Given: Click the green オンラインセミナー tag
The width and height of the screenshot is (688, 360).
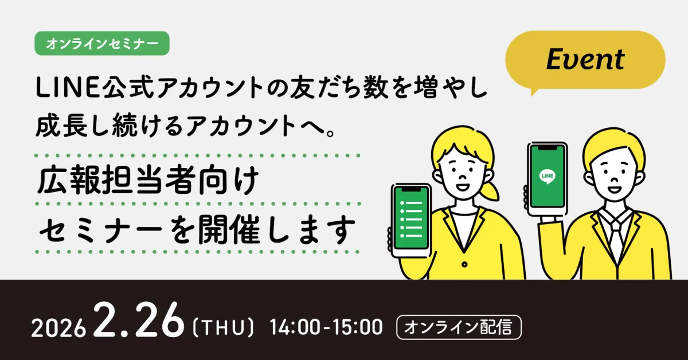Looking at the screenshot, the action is [102, 44].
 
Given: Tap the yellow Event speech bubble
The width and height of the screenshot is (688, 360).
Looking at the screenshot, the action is [585, 60].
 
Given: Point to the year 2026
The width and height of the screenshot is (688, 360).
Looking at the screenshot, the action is [58, 328].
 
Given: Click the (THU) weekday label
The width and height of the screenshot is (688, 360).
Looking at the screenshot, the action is [223, 328].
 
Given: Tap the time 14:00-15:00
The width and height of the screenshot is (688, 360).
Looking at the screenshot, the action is [326, 327].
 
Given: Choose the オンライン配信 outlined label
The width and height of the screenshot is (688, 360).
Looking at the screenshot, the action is [459, 327].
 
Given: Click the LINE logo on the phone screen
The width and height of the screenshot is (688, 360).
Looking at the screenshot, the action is [548, 177].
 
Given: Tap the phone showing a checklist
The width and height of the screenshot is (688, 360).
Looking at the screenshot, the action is [411, 220].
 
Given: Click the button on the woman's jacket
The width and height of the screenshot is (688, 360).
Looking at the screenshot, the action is [464, 264].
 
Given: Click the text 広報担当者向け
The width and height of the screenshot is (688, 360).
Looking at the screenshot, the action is [147, 181].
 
